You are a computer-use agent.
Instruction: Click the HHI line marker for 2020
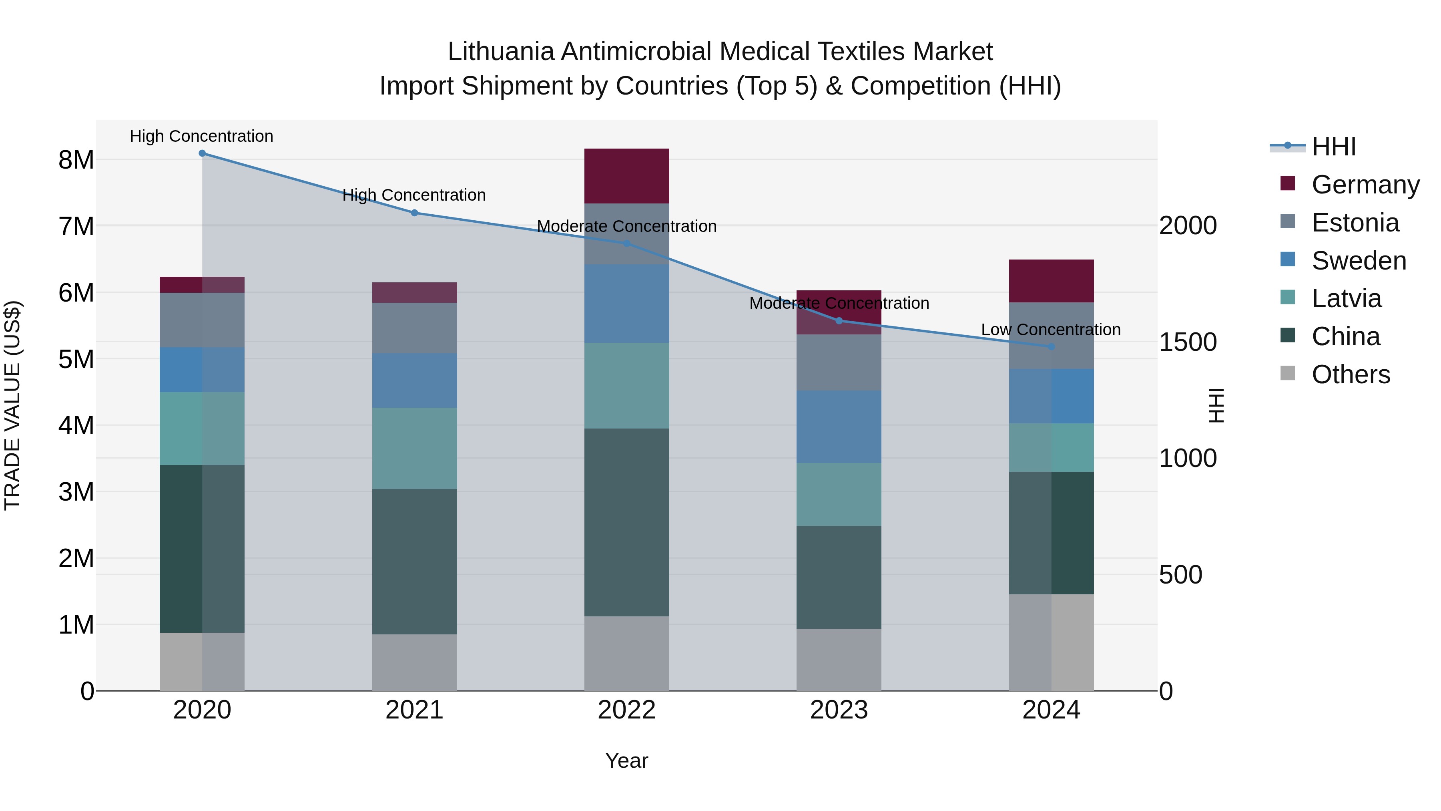point(202,153)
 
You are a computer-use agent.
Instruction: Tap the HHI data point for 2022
point(626,244)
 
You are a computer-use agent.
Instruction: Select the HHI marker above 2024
point(1051,347)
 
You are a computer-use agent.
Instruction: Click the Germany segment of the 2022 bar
point(626,176)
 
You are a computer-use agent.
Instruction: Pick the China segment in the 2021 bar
point(415,561)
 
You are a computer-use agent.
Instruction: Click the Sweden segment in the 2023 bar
point(839,427)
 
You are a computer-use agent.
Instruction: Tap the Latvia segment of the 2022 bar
point(626,386)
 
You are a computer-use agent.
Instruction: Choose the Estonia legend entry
point(1355,223)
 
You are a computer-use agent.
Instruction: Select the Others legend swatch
point(1288,373)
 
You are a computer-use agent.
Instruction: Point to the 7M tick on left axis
point(76,227)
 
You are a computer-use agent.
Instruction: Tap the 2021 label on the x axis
point(415,710)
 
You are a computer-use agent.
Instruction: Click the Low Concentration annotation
point(1051,330)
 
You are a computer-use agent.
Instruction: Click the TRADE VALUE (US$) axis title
point(12,405)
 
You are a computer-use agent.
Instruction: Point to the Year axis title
point(626,761)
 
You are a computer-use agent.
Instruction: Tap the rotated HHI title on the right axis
point(1216,405)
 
